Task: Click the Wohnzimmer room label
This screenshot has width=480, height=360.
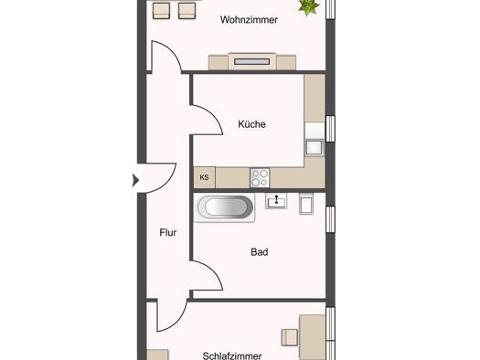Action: coord(249,20)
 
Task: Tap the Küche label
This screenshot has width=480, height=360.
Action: coord(251,124)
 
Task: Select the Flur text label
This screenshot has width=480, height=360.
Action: coord(167,233)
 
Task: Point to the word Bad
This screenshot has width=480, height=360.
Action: coord(260,252)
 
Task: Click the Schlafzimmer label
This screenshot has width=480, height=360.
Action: coord(232,355)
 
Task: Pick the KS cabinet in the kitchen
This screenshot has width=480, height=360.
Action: coord(205,177)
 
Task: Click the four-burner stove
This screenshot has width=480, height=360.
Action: coord(260,177)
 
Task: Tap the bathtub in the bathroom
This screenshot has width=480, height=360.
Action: coord(225,207)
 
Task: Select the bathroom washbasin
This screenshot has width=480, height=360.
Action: coord(276,201)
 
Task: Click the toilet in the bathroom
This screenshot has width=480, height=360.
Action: coord(306,204)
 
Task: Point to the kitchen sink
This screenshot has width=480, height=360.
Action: coord(315,147)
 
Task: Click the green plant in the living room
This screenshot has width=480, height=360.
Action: coord(309,6)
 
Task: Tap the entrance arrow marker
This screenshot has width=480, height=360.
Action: coord(135,180)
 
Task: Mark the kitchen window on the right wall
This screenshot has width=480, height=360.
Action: coord(330,129)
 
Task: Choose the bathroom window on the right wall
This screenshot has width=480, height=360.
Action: coord(330,219)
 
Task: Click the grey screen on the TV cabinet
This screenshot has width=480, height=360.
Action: coord(252,62)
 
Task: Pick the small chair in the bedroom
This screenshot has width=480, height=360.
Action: coord(289,337)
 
